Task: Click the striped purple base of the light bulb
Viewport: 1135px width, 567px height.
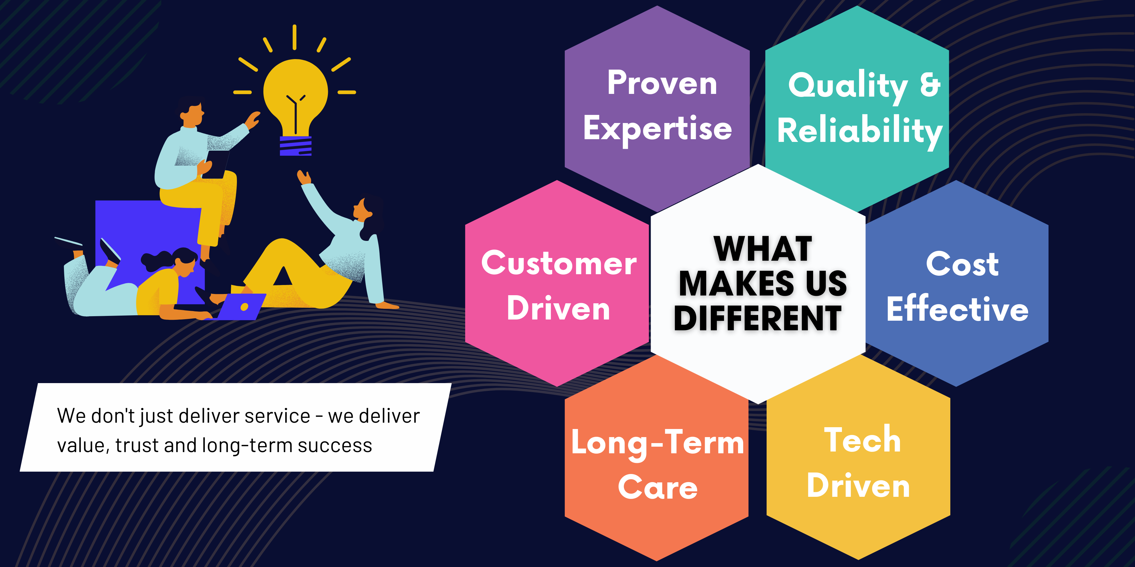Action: [x=296, y=146]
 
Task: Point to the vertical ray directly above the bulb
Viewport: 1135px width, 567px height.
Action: [x=294, y=37]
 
